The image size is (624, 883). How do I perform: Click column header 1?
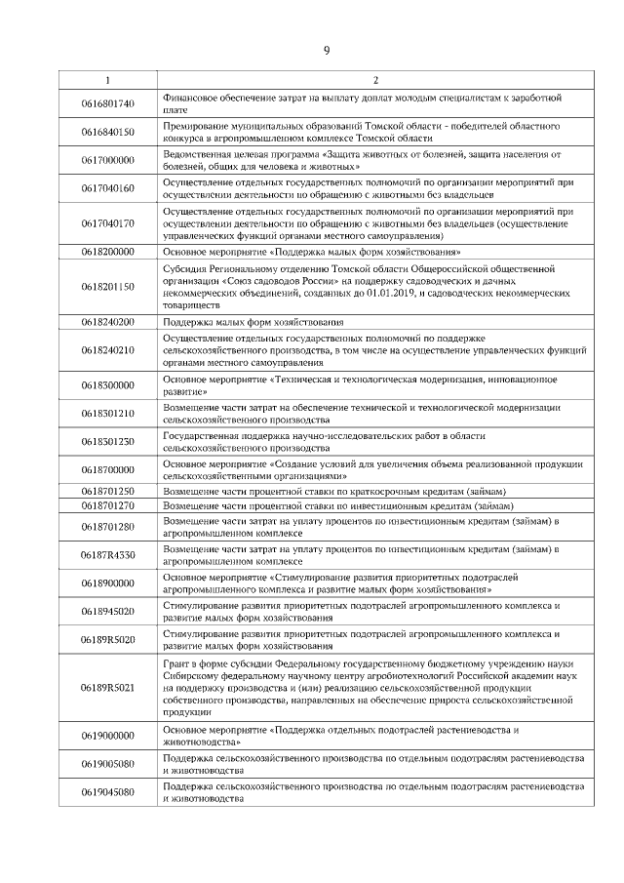click(107, 80)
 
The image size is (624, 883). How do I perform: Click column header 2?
click(375, 80)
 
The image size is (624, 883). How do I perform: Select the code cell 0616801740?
click(107, 103)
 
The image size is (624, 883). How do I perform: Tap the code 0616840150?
click(107, 132)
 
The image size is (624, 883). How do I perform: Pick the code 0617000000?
click(107, 160)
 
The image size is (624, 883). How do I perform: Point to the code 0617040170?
click(107, 222)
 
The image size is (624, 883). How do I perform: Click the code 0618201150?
click(107, 286)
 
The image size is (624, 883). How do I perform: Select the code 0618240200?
click(107, 321)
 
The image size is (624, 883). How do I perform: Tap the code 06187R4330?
click(107, 555)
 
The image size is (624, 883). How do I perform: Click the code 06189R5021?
click(107, 688)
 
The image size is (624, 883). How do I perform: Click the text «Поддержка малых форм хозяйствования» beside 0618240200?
click(253, 321)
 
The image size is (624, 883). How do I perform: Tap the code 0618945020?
click(107, 612)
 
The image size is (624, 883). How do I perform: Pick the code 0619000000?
click(107, 735)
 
